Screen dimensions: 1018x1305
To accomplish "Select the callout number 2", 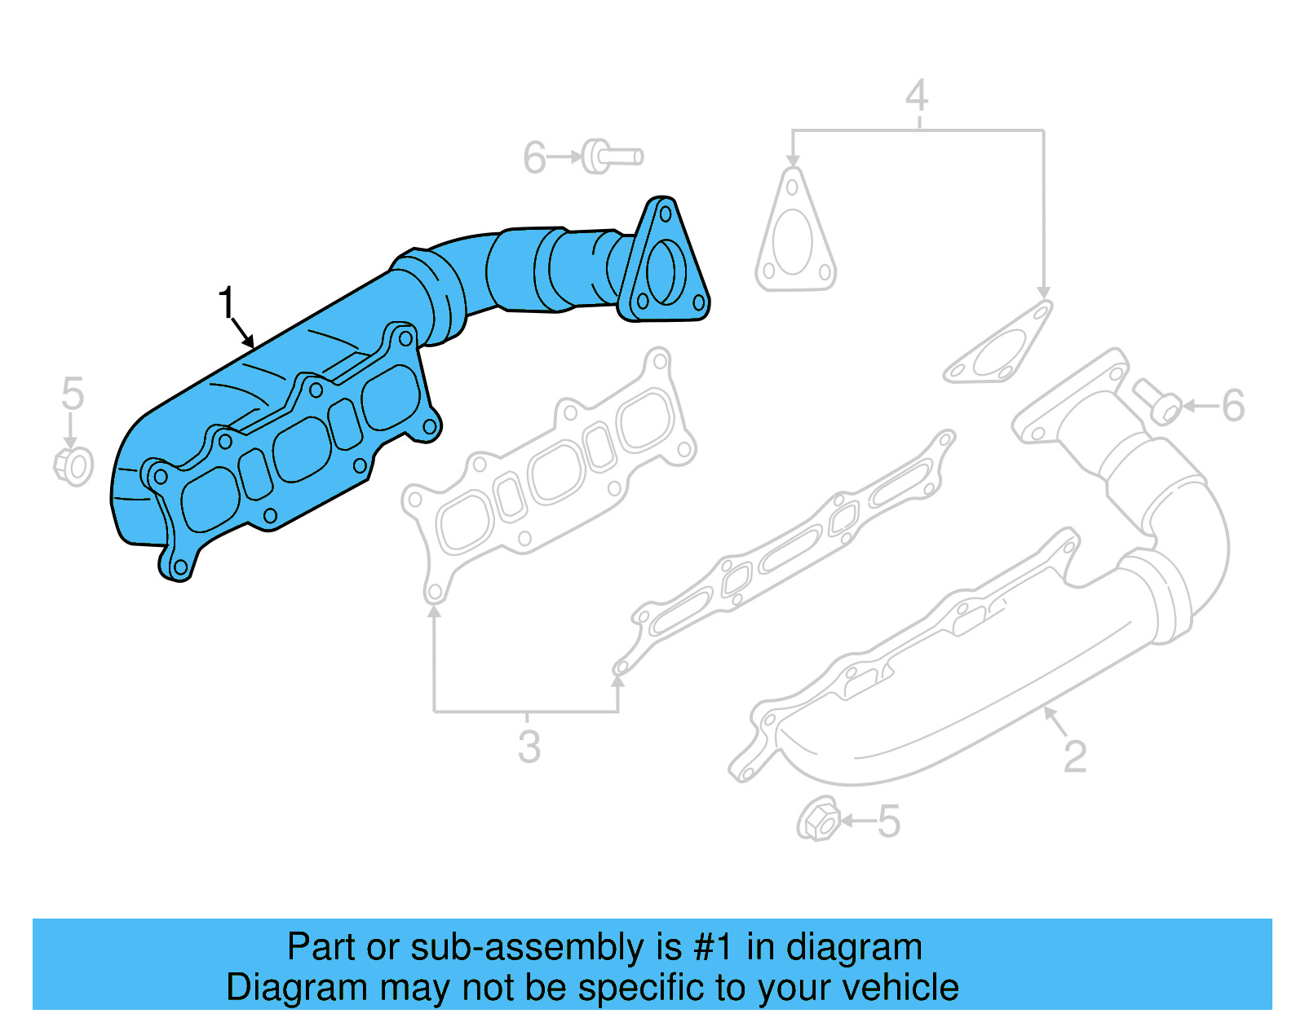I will click(x=1074, y=757).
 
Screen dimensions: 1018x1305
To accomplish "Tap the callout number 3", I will click(x=529, y=747).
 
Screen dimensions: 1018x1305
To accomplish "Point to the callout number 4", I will click(x=917, y=96).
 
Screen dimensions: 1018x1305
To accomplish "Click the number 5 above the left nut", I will click(x=73, y=394).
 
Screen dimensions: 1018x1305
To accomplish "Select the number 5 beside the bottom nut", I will click(x=888, y=822).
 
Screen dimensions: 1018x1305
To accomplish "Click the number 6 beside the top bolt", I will click(x=534, y=158).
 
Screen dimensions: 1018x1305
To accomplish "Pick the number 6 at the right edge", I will click(x=1232, y=405).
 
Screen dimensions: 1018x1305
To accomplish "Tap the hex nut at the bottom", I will click(x=818, y=819).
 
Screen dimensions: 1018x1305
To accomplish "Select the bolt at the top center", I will click(x=612, y=156).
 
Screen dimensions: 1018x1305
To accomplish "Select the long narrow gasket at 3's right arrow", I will click(x=787, y=554).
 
